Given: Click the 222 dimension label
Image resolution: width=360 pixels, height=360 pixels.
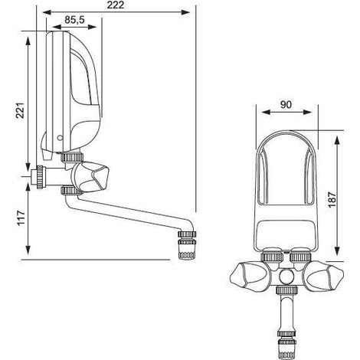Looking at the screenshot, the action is tap(116, 5).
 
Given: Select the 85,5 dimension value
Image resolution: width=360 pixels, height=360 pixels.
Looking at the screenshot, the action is tap(74, 20).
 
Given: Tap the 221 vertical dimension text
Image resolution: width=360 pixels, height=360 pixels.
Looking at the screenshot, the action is tap(20, 110).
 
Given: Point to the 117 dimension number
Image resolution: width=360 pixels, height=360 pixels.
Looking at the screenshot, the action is tap(21, 218).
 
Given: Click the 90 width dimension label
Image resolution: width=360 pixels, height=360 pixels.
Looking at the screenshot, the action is tap(286, 104).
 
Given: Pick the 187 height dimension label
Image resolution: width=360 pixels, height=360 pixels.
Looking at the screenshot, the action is tap(332, 199).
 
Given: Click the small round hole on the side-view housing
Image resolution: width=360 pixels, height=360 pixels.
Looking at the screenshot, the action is tap(60, 138).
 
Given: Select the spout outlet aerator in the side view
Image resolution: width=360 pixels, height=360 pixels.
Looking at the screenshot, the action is tap(187, 245).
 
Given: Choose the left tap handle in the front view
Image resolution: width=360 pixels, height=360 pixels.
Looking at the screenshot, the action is tap(248, 276).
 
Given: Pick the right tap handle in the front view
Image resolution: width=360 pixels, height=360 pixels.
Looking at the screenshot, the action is tap(324, 277).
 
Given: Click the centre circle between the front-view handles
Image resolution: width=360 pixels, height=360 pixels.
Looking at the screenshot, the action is tap(286, 277).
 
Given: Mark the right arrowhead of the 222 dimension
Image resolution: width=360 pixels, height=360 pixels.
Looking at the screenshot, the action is tap(185, 12).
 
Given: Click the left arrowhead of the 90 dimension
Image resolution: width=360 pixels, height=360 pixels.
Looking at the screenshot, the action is tap(267, 113).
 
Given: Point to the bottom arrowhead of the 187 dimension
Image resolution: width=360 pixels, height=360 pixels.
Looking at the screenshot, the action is tap(337, 250).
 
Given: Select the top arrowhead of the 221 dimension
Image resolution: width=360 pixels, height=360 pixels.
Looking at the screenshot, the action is tap(28, 41).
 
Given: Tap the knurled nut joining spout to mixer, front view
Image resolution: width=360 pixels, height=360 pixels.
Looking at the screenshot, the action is tap(286, 290).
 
